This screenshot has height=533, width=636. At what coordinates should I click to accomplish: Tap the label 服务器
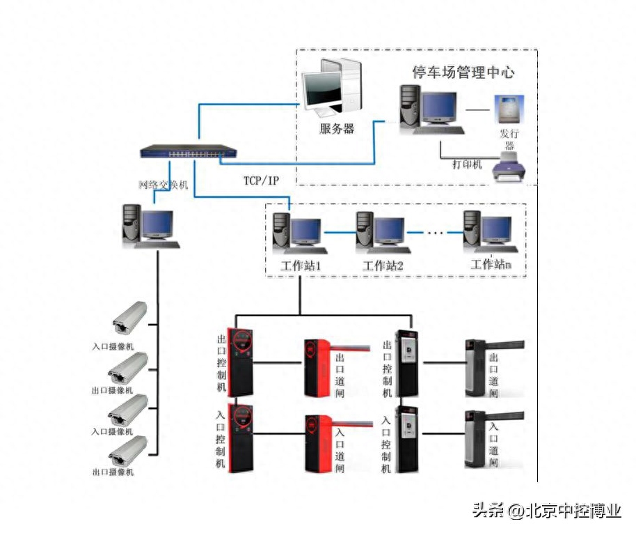coord(337,128)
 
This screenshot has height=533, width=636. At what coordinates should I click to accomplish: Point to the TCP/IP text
coord(261,180)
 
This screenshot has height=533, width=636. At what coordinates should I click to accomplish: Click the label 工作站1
coord(301,265)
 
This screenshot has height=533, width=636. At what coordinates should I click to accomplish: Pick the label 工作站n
coord(491,264)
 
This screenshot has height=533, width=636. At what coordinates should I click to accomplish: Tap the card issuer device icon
coord(509,110)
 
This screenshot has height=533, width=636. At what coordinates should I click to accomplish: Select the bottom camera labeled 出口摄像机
coord(129,451)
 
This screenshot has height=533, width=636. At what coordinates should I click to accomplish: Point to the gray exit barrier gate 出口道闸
coord(476,367)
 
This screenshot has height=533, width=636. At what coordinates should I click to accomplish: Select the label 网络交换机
coord(162,185)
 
